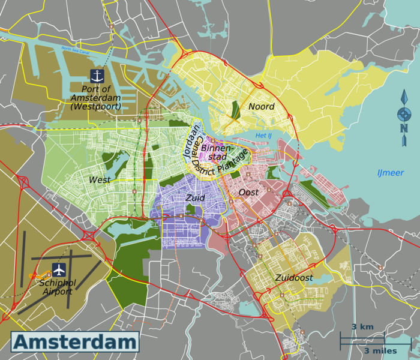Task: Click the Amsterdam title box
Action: pos(75,343)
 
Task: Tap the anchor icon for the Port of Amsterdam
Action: pos(97,76)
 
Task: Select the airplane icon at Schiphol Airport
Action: pos(59,269)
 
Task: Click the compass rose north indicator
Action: pos(404,114)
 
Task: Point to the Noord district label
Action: pos(261,107)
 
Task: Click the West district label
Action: pos(100,180)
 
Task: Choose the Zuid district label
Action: pos(196,197)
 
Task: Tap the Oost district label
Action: pos(248,193)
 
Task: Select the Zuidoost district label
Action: pos(294,278)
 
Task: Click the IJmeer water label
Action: pos(390,173)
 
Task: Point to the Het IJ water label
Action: pos(263,136)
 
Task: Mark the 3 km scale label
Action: pos(362,327)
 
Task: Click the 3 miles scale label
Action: pos(380,350)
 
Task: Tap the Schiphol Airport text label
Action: pos(57,287)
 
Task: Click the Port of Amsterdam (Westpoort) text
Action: pos(95,98)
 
